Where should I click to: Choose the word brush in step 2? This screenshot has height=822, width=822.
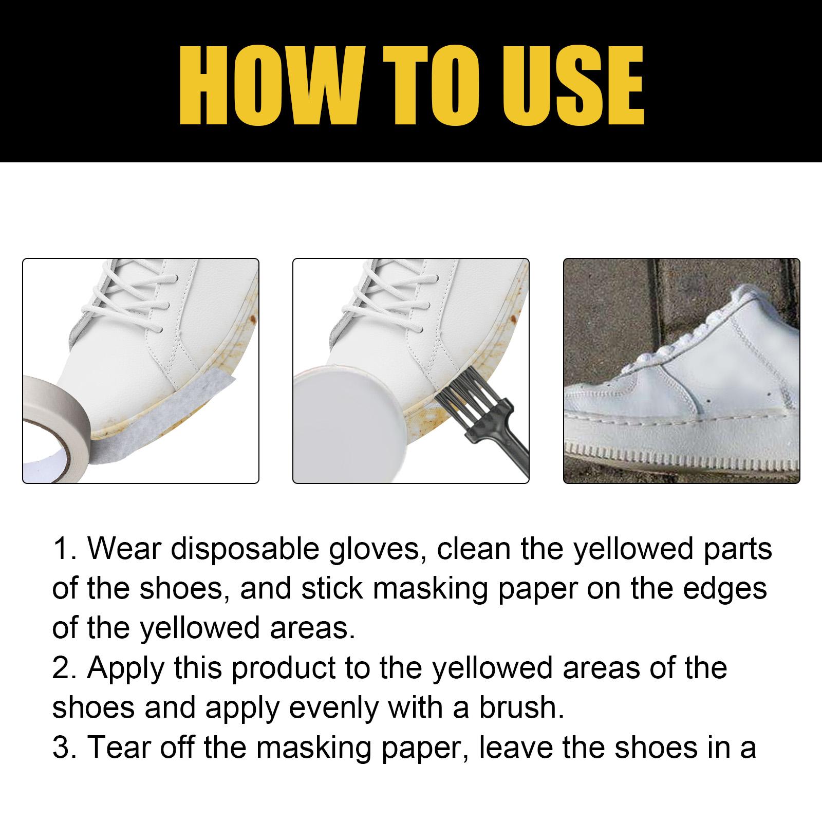tap(521, 707)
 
